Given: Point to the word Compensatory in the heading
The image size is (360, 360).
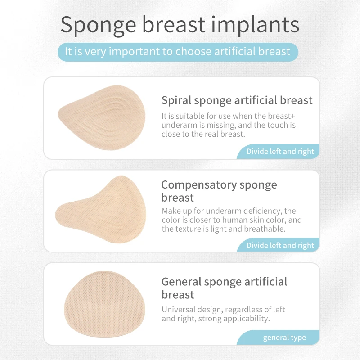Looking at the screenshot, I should (x=199, y=184).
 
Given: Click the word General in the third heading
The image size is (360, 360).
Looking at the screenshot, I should (x=181, y=282).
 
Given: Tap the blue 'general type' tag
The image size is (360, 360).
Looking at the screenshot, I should (x=284, y=337).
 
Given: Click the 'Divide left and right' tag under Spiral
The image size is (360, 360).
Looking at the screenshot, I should (x=280, y=152).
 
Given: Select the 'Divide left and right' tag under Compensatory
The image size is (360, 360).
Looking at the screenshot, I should (x=280, y=245).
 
